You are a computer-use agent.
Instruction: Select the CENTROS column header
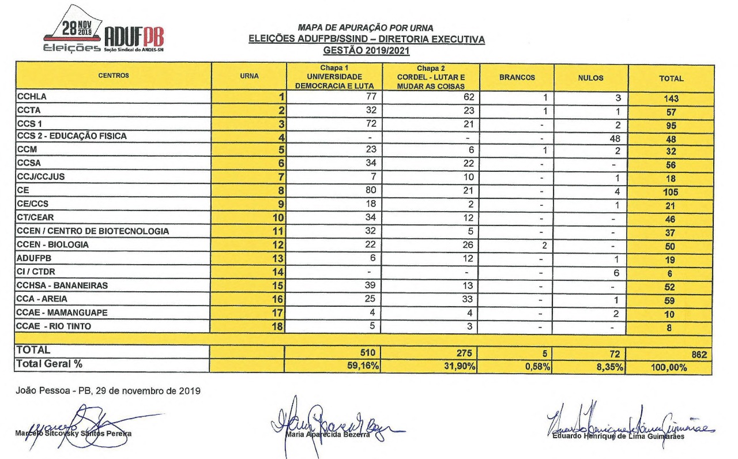click(114, 76)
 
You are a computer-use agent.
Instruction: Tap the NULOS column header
click(590, 77)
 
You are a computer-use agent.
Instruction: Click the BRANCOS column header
click(517, 77)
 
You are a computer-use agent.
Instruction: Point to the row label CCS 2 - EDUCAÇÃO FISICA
click(71, 136)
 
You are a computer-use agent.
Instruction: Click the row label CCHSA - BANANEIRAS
click(62, 285)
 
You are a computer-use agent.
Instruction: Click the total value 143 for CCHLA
click(671, 99)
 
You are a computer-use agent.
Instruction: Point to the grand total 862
click(698, 354)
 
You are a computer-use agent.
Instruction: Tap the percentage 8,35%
click(611, 366)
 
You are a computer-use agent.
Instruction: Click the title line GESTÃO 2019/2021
click(366, 50)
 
